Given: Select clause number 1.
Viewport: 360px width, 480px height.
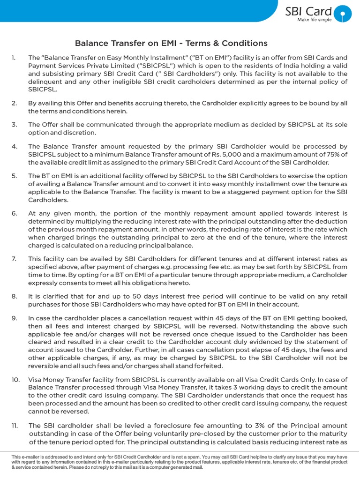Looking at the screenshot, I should tap(14, 58).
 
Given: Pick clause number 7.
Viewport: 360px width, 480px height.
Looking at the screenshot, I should tap(15, 259).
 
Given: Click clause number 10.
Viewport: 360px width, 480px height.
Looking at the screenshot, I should tap(15, 380).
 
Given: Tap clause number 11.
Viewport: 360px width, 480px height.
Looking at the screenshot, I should tap(15, 426).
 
